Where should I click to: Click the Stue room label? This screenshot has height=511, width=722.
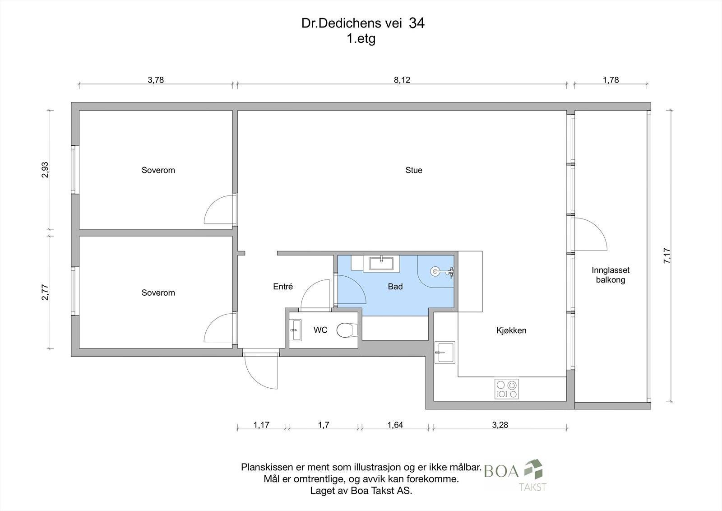(414, 170)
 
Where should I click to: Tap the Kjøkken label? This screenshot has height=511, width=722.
(511, 330)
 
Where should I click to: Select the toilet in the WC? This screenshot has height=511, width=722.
(345, 330)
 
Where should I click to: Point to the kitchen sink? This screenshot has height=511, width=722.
(445, 352)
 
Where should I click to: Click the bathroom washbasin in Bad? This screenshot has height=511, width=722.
(381, 263)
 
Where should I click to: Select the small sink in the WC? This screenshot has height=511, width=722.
(296, 330)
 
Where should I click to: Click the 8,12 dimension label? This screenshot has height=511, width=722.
(402, 80)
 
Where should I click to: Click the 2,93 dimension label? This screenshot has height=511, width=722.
(45, 170)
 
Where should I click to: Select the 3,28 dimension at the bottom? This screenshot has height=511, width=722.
(500, 425)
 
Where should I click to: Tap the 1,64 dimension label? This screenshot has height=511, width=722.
(395, 425)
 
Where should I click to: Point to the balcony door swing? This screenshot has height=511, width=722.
(591, 235)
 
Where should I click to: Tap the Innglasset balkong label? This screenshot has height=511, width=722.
(611, 275)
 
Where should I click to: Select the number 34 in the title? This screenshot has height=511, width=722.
(416, 23)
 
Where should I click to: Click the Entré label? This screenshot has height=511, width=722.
(283, 287)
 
